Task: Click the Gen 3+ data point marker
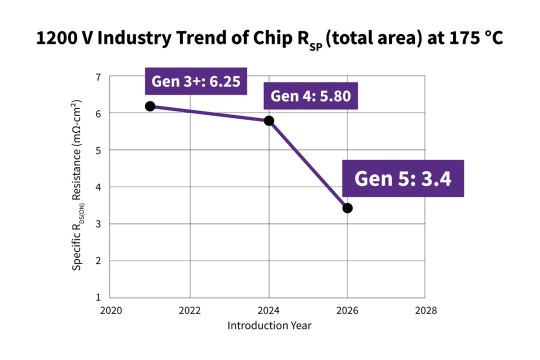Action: [150, 106]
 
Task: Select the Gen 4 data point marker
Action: [269, 121]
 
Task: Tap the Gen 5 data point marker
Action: [347, 208]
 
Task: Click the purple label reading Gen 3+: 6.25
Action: [196, 81]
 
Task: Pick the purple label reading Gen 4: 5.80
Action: [311, 96]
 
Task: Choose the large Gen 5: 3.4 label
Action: [403, 178]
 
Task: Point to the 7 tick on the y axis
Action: [98, 78]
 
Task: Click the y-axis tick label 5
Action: [98, 151]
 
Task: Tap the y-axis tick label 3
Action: [98, 224]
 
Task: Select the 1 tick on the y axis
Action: [98, 297]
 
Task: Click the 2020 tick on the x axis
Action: [111, 311]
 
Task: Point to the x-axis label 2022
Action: [189, 311]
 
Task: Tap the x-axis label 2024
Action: [269, 311]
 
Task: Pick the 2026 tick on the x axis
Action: [347, 311]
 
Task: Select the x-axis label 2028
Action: [426, 311]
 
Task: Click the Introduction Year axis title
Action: [269, 326]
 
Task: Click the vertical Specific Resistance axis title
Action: [77, 185]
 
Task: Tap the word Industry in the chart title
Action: [134, 39]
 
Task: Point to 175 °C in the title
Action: [476, 38]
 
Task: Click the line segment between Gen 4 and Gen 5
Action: [308, 164]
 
